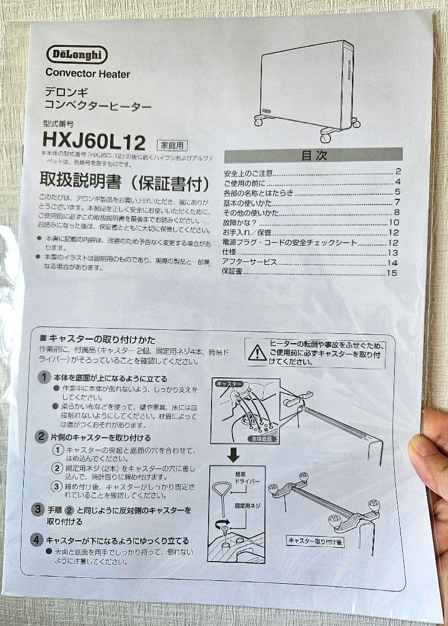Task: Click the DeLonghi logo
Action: pyautogui.click(x=77, y=54)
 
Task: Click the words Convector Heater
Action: pyautogui.click(x=88, y=74)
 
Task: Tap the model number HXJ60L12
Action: pyautogui.click(x=93, y=140)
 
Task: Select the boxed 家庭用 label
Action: pyautogui.click(x=173, y=145)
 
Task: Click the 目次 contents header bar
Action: pyautogui.click(x=314, y=155)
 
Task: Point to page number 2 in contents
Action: pyautogui.click(x=398, y=172)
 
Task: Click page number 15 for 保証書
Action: pyautogui.click(x=392, y=272)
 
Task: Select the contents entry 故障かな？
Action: pyautogui.click(x=240, y=222)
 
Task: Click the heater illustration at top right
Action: pyautogui.click(x=307, y=90)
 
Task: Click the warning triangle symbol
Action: pyautogui.click(x=257, y=352)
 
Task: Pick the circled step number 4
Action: pyautogui.click(x=37, y=540)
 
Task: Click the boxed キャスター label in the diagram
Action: pyautogui.click(x=229, y=384)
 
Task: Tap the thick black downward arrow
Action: pyautogui.click(x=233, y=456)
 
